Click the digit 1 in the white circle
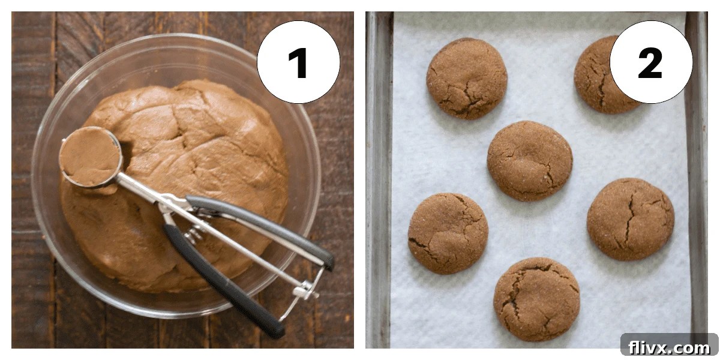point(298,63)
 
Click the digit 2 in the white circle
point(650,63)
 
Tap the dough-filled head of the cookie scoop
point(91,157)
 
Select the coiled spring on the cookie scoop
point(194,233)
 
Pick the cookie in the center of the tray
point(529,161)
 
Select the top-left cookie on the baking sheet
point(467,78)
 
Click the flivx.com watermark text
point(669,347)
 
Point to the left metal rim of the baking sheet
point(379,180)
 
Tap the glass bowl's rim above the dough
point(174,41)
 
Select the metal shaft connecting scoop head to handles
point(150,191)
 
